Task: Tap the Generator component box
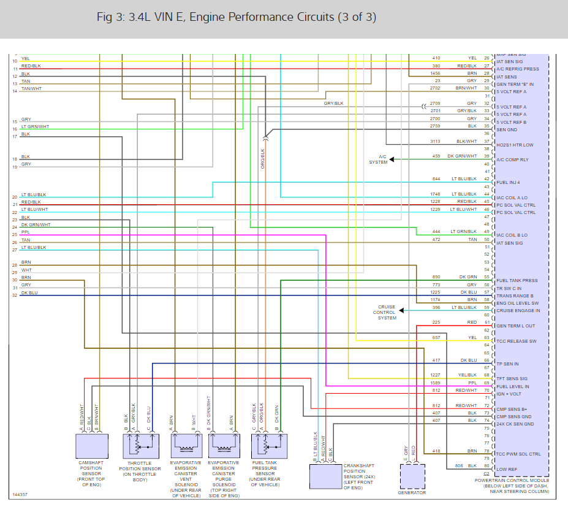click(411, 475)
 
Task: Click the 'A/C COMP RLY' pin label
click(512, 160)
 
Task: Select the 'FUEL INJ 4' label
click(508, 183)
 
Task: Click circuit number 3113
click(436, 141)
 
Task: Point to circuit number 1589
click(436, 383)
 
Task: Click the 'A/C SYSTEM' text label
click(378, 159)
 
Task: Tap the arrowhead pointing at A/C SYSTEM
click(392, 159)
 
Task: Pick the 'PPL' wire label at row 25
click(25, 233)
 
